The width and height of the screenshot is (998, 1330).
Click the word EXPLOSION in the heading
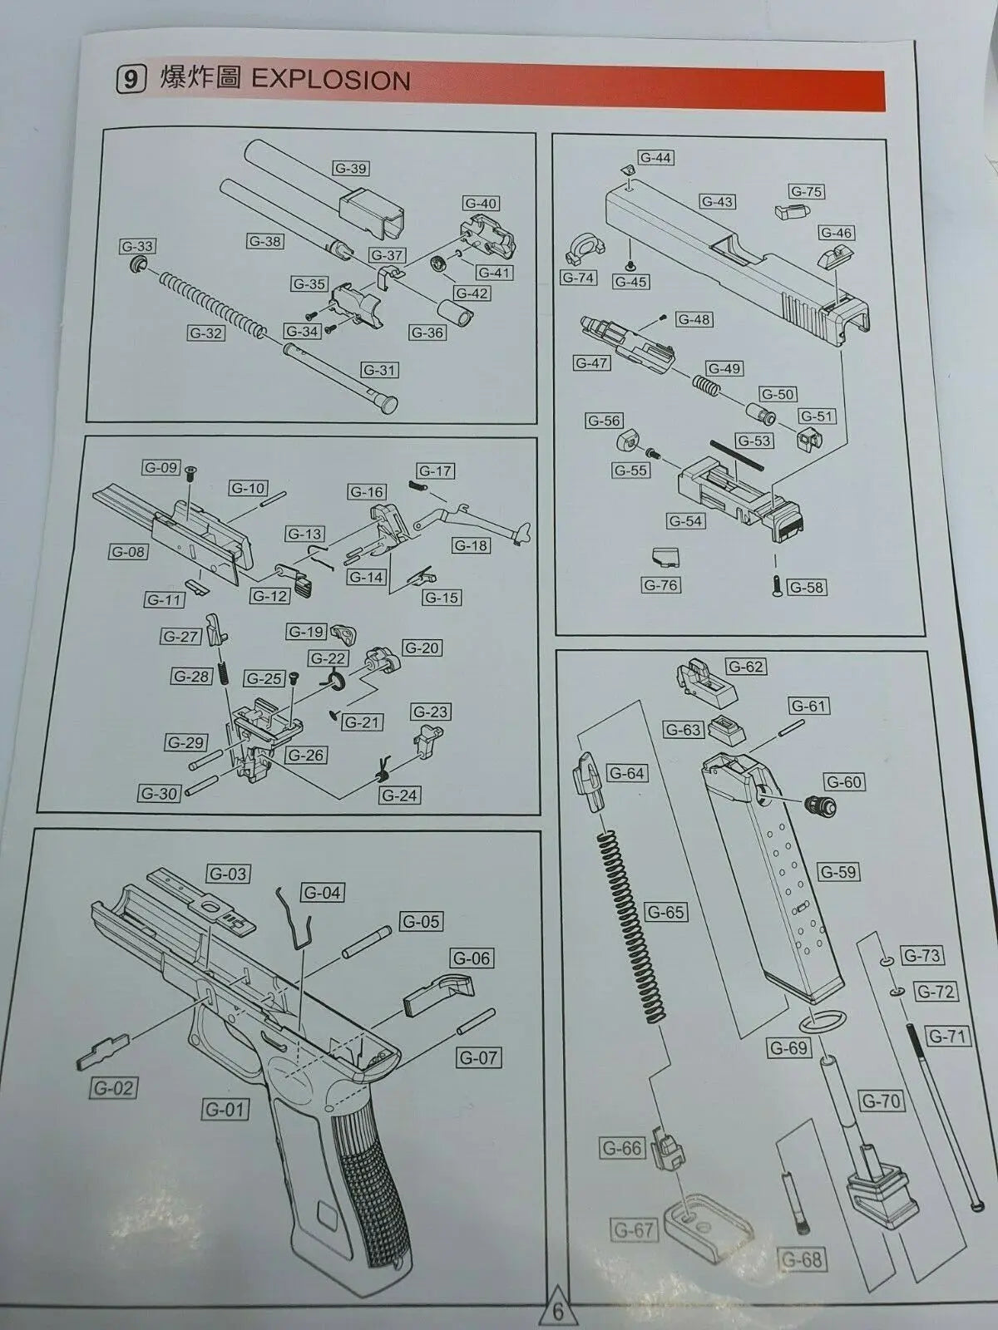pos(330,80)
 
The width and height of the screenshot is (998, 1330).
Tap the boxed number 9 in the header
pos(130,80)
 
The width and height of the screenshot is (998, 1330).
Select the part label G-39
pos(350,168)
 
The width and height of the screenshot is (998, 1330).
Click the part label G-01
pos(225,1109)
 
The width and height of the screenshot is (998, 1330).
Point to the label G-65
pos(665,912)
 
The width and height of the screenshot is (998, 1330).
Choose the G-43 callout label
pos(717,201)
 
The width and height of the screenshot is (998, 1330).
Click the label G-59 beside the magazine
pos(837,872)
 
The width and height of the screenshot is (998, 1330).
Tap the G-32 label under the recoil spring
pos(205,333)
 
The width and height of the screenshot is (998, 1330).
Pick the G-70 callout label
pos(881,1101)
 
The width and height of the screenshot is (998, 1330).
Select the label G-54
pos(685,520)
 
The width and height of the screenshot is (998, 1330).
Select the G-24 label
pos(399,795)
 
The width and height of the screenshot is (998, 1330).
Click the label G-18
pos(471,545)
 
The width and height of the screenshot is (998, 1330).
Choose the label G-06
pos(472,958)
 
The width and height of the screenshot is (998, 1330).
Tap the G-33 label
pos(137,246)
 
